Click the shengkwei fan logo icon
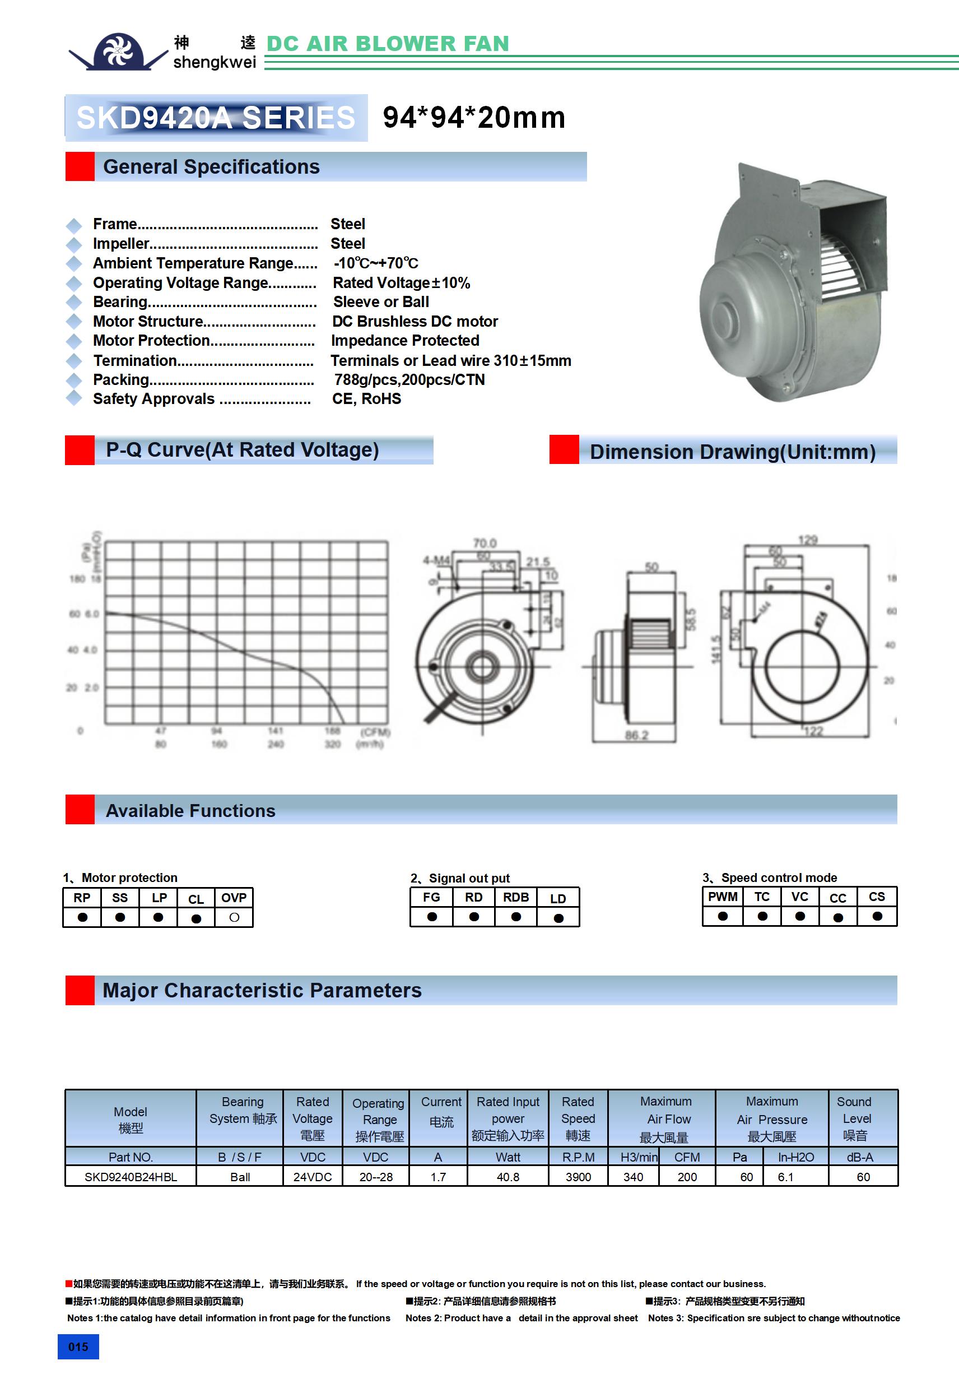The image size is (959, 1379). click(118, 52)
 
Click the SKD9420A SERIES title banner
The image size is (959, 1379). click(216, 118)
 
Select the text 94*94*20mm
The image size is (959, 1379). click(474, 118)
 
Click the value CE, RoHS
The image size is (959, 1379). click(366, 400)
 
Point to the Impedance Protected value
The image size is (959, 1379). click(405, 341)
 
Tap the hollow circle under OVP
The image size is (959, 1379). click(234, 918)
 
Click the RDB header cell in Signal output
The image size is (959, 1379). click(516, 897)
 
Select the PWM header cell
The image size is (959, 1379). click(723, 897)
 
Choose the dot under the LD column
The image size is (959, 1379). click(558, 918)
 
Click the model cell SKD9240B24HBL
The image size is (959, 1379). click(131, 1177)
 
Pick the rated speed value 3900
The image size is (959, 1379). click(578, 1177)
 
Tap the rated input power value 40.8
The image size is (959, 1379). click(508, 1177)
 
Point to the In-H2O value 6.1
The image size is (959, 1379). click(785, 1177)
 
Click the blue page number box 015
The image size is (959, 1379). click(78, 1347)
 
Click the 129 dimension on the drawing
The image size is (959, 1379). click(808, 540)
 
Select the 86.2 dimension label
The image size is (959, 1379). click(636, 735)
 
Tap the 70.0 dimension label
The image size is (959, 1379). click(485, 543)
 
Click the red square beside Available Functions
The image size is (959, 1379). click(80, 810)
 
